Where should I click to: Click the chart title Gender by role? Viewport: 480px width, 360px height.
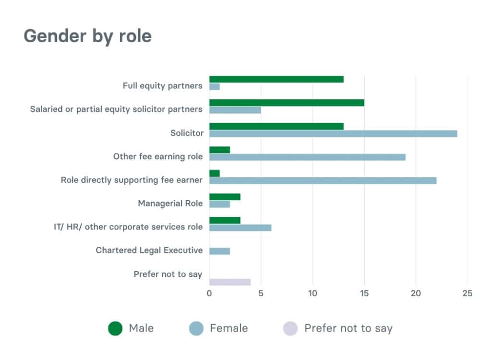(x=88, y=36)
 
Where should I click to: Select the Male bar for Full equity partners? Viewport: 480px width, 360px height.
(x=276, y=79)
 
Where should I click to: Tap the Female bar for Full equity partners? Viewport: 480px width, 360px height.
(x=215, y=87)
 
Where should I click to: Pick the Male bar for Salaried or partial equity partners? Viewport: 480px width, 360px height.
(x=287, y=102)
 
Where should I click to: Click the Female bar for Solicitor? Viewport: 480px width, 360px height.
(x=333, y=133)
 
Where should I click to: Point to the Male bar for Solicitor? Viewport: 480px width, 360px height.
(x=276, y=126)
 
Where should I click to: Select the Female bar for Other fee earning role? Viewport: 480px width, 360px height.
(x=307, y=157)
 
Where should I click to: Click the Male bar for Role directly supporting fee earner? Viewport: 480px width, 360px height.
(x=215, y=173)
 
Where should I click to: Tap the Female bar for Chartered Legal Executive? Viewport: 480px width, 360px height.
(x=220, y=251)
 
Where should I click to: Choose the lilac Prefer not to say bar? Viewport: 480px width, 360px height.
(x=230, y=282)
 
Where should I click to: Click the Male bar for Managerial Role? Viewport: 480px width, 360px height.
(x=225, y=197)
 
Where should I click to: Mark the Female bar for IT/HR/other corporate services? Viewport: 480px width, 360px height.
(x=240, y=228)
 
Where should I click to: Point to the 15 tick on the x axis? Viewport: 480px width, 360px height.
(x=364, y=293)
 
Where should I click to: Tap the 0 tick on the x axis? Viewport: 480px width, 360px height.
(x=209, y=293)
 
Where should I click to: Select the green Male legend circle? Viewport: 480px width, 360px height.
(x=115, y=328)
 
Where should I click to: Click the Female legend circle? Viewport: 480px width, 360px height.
(x=196, y=328)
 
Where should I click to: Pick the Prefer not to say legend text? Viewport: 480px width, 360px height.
(x=348, y=328)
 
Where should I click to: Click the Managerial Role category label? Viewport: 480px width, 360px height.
(x=170, y=204)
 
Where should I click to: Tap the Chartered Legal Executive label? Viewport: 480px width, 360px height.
(x=149, y=251)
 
